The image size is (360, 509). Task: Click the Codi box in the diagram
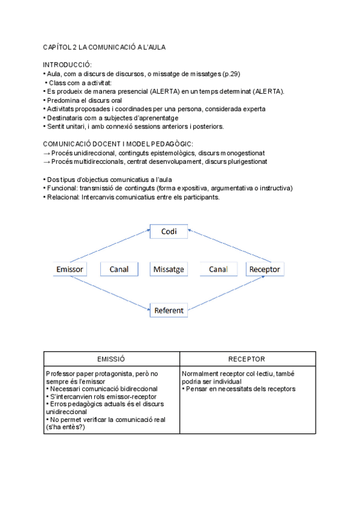169,231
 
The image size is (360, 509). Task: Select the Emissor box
69,270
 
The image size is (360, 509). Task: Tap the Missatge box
169,270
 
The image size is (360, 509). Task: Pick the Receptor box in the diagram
265,270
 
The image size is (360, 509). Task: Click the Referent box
169,310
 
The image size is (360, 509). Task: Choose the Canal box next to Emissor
119,270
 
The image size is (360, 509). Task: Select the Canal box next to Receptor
218,270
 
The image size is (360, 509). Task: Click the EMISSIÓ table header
112,359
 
